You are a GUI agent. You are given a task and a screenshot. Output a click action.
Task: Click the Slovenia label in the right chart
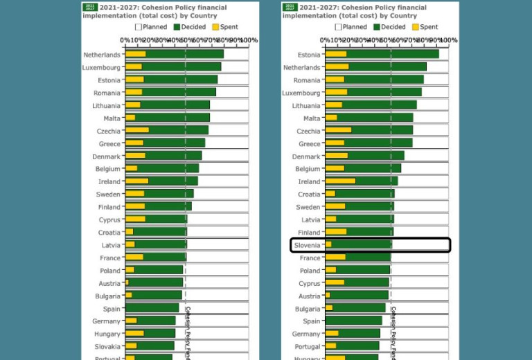click(308, 245)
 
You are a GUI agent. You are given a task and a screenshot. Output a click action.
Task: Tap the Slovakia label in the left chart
click(106, 346)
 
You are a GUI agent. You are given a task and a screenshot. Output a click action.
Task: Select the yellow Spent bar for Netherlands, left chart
click(135, 54)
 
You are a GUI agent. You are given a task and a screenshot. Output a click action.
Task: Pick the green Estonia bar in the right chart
click(392, 54)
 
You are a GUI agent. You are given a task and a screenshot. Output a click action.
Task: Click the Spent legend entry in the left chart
click(224, 27)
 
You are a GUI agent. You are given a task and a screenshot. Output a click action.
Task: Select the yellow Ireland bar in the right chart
click(340, 181)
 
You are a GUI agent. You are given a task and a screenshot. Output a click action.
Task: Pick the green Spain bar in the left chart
click(152, 308)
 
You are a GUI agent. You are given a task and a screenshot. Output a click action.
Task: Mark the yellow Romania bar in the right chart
click(335, 80)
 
